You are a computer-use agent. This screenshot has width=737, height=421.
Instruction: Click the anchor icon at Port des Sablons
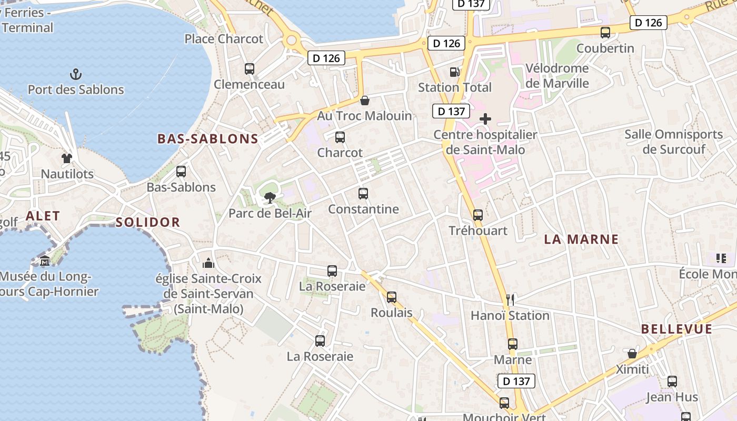(76, 74)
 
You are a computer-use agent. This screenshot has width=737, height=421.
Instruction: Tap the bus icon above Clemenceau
(250, 69)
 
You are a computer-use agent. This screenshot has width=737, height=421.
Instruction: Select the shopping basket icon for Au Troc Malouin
(364, 101)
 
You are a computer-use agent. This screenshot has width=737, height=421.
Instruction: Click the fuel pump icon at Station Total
(454, 72)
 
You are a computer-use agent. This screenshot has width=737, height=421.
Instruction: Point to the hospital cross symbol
(485, 119)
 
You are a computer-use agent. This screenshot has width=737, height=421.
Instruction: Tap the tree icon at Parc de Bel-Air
(270, 198)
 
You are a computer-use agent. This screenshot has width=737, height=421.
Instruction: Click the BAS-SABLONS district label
(208, 139)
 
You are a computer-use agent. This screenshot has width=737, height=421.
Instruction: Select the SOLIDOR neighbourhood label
(148, 222)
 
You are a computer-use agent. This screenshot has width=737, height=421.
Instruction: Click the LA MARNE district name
(581, 239)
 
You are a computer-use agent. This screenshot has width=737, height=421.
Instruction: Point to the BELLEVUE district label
(676, 329)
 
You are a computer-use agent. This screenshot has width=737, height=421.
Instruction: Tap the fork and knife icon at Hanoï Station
(510, 300)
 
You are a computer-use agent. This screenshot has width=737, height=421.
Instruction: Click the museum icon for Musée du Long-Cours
(45, 261)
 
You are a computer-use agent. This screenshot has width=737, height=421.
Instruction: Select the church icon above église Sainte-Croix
(208, 263)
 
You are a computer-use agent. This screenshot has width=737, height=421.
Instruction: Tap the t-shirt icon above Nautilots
(67, 158)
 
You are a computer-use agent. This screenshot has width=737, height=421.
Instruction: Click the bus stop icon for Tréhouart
(478, 215)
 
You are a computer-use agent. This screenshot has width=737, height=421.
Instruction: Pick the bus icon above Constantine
(363, 194)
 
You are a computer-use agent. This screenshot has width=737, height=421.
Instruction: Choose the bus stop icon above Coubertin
(605, 33)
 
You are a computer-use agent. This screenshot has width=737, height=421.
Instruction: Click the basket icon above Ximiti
(632, 354)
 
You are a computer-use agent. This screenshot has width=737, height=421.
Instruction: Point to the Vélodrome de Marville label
(557, 76)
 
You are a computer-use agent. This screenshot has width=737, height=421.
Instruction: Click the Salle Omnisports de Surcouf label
(674, 142)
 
